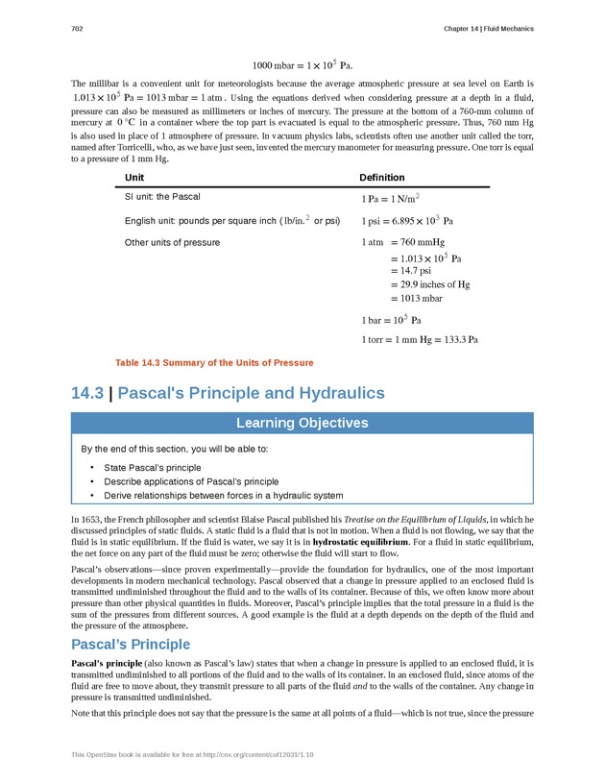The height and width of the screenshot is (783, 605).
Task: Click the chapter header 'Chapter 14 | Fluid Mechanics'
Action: [x=488, y=29]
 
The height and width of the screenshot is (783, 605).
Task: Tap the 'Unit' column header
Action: [x=134, y=178]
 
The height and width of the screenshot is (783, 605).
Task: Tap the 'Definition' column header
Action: [x=381, y=178]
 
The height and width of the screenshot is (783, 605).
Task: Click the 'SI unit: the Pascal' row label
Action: [x=162, y=197]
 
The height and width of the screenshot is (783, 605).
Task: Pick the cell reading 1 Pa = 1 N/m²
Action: [x=393, y=198]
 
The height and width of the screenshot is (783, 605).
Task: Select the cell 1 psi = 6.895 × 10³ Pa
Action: [x=412, y=221]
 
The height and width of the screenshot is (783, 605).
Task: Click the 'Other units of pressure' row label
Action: [x=172, y=242]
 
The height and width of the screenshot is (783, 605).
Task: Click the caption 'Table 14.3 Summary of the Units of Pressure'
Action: [x=213, y=362]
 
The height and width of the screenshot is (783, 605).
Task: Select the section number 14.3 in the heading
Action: [x=87, y=393]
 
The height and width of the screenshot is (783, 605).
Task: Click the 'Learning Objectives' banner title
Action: [x=302, y=423]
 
